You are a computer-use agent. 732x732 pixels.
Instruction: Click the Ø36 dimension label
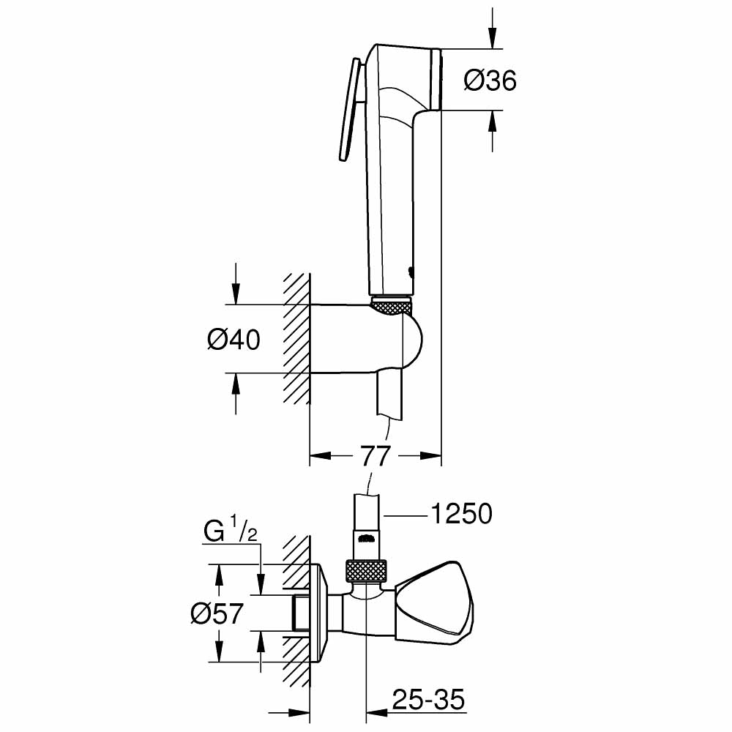[x=490, y=81]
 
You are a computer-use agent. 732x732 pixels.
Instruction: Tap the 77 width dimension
[x=376, y=456]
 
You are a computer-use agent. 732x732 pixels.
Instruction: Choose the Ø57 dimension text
[x=216, y=613]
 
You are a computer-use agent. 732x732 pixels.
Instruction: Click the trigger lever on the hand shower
[x=348, y=110]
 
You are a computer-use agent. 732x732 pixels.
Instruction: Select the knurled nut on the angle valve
[x=366, y=571]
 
